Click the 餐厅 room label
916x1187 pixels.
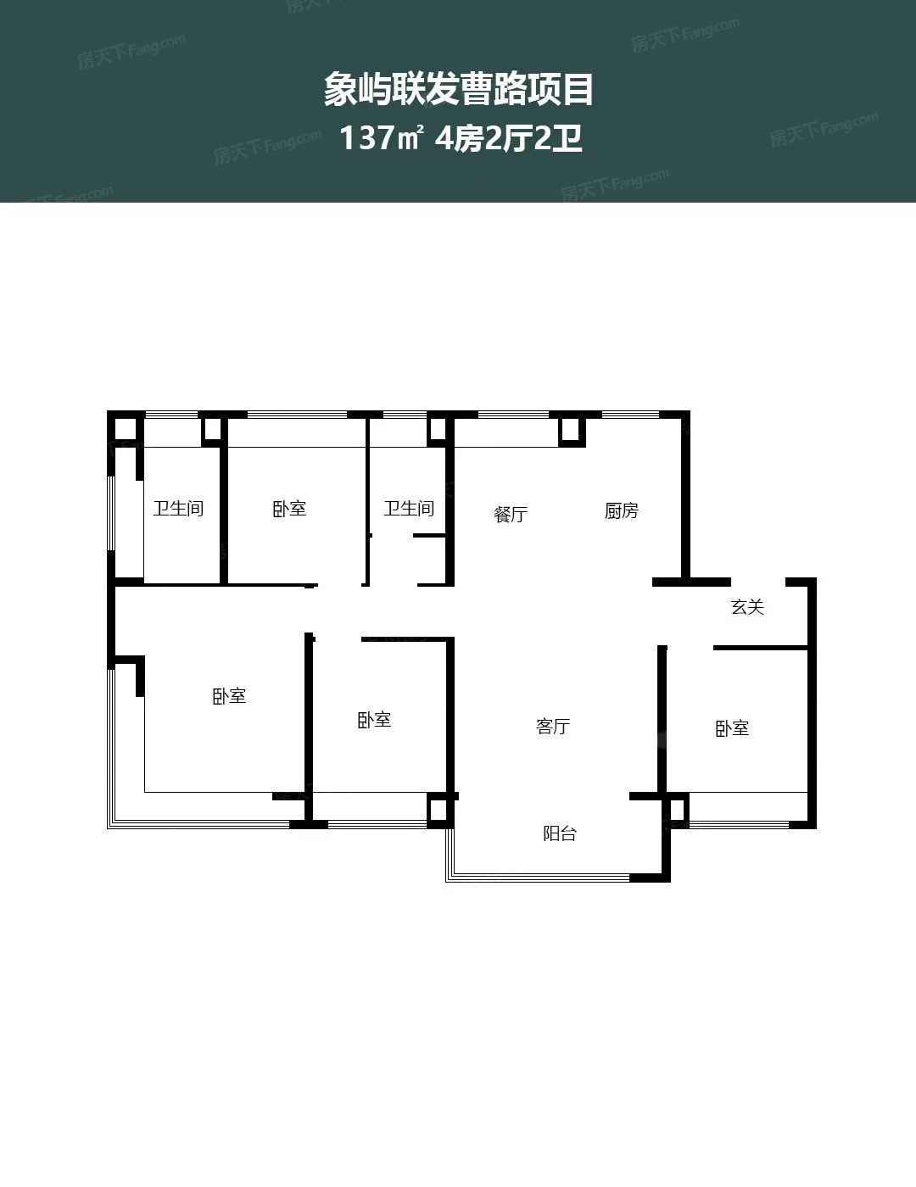511,514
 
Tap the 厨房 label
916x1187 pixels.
621,510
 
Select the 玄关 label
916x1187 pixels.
747,607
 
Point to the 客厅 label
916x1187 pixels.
553,727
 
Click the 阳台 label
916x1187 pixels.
559,833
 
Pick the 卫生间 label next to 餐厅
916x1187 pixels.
409,509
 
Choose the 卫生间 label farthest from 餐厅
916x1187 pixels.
178,509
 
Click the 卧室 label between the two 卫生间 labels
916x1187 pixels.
289,509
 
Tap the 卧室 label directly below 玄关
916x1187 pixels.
732,728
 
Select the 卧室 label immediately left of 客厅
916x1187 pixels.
374,720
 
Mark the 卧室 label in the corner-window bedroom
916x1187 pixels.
229,696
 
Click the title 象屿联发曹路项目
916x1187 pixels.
458,90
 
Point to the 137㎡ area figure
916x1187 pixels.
382,137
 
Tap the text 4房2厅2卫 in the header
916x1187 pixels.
508,138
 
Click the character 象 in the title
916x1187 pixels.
340,90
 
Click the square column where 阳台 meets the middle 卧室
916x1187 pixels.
439,811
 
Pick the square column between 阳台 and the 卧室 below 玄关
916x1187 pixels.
676,809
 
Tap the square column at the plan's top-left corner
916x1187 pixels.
125,429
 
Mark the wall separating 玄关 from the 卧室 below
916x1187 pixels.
760,648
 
